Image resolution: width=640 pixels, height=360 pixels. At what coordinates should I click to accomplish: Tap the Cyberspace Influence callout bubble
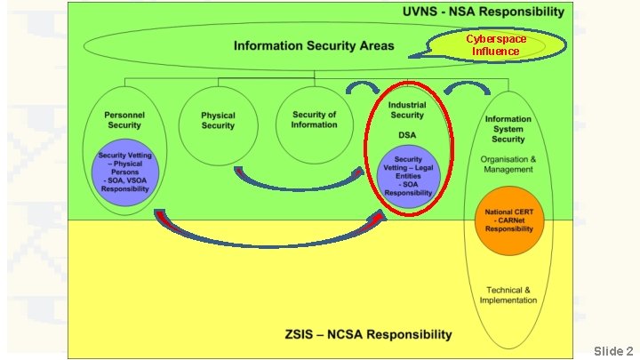pos(497,45)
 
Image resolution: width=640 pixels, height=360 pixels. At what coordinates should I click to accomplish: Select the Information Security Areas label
pos(313,45)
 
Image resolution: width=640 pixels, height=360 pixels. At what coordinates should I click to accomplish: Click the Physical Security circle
pos(218,120)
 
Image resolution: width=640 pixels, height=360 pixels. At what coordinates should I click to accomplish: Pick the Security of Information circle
pos(314,120)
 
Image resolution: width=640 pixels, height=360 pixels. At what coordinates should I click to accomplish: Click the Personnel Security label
pos(124,120)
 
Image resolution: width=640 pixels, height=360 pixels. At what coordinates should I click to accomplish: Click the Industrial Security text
pos(408,109)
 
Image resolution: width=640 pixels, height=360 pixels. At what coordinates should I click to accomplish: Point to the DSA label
pos(408,134)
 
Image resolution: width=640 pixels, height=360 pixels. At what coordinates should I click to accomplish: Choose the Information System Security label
pos(508,129)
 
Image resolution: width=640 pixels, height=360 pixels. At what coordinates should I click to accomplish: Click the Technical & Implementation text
pos(508,295)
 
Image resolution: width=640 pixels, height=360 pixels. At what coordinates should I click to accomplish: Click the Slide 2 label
pos(613,351)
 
